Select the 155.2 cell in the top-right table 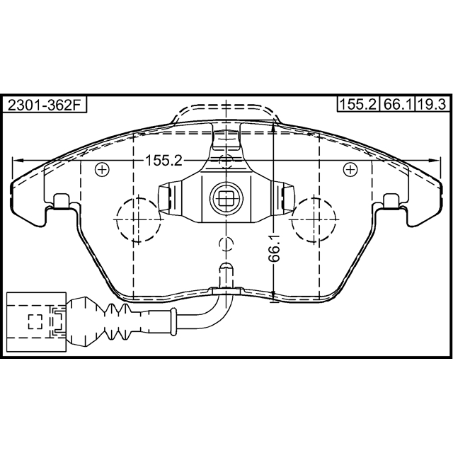[358, 105]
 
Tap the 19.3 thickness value [431, 105]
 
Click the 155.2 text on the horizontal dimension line [164, 161]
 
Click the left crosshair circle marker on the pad [102, 168]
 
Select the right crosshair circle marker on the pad [349, 168]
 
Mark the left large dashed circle [136, 219]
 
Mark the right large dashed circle [315, 219]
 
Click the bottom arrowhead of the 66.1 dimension [273, 297]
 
